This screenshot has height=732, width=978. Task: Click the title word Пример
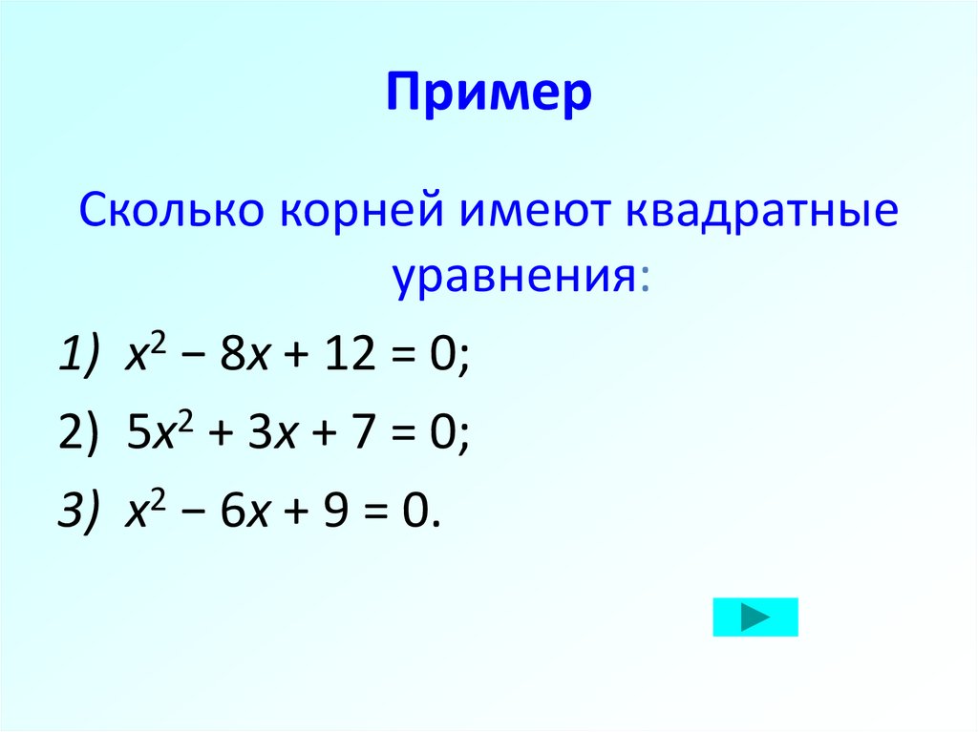click(x=489, y=95)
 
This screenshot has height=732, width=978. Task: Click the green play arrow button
click(x=755, y=617)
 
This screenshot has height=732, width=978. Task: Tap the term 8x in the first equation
click(x=234, y=361)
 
